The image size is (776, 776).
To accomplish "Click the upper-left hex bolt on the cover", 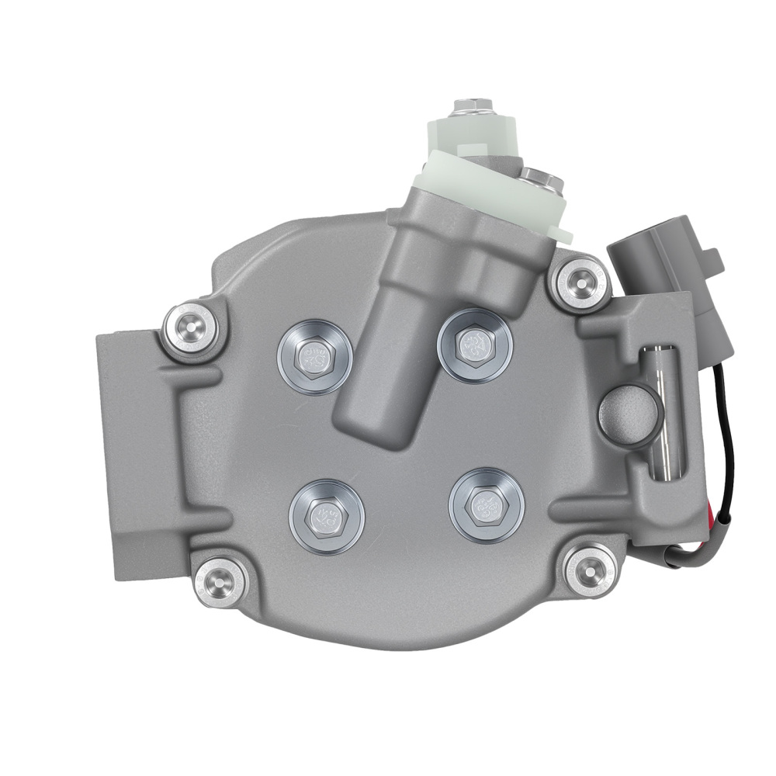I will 314,357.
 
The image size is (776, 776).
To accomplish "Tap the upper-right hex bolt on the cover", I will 474,345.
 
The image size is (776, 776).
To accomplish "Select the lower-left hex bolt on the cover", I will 326,514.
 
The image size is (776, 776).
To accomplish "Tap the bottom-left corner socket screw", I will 220,579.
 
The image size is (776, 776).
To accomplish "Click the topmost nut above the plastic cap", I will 469,106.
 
